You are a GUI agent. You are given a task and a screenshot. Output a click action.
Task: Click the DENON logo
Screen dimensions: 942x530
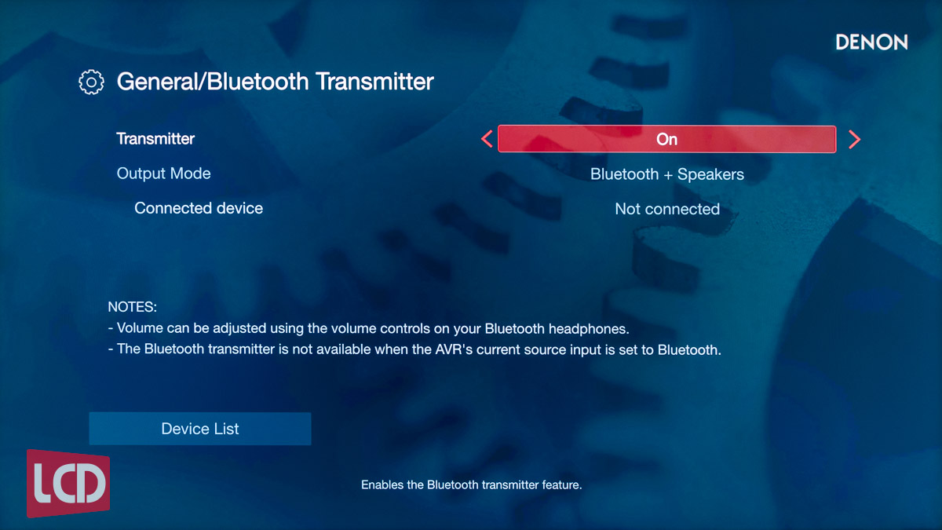pos(871,42)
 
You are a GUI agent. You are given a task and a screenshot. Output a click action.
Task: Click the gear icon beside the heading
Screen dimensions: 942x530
pos(91,82)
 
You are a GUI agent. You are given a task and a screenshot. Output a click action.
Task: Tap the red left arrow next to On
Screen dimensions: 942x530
pos(487,139)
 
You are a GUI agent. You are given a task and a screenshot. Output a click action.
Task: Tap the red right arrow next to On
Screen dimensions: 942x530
pos(854,139)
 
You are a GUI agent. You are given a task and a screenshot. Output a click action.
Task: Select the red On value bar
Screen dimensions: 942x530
pos(667,139)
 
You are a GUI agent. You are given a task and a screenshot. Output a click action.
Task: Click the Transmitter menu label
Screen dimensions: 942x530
pos(155,139)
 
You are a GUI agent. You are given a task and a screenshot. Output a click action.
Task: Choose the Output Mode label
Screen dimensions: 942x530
pos(163,174)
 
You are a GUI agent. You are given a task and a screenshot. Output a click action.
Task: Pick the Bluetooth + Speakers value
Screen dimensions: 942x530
pos(667,174)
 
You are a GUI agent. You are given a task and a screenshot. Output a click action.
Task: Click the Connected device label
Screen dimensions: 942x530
pos(199,208)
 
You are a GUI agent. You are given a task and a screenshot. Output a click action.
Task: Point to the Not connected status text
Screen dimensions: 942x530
pos(667,209)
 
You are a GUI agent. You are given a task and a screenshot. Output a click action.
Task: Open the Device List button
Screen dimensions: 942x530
pos(200,429)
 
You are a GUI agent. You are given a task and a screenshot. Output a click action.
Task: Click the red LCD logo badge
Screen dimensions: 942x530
pos(68,484)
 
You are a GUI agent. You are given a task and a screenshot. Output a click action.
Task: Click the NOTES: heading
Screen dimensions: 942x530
pos(132,307)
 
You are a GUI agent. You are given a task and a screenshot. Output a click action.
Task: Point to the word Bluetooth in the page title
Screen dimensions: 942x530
pos(257,81)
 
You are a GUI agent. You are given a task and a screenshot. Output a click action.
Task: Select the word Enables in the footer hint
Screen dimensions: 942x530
pos(382,485)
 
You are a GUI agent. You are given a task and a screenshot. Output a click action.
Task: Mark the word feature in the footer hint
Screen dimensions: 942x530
pos(562,485)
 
